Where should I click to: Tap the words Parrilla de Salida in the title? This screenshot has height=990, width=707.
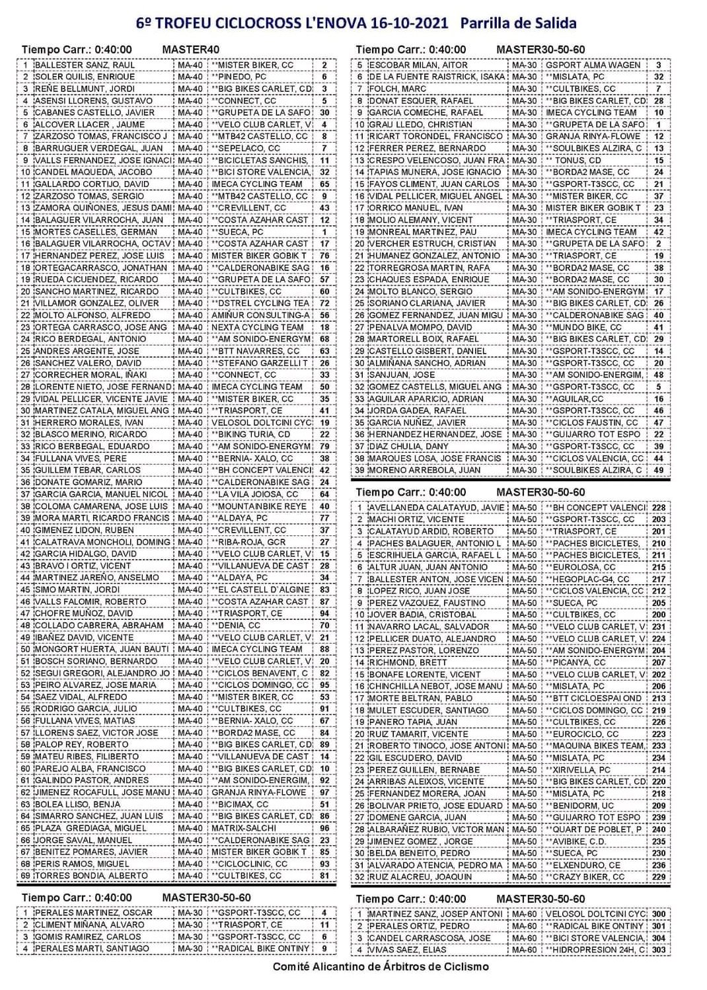(x=518, y=23)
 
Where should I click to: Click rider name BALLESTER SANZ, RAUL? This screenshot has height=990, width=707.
(x=85, y=65)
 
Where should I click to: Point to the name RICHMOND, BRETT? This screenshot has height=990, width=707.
(x=408, y=662)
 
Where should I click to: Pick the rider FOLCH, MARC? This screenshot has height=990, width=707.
(x=398, y=89)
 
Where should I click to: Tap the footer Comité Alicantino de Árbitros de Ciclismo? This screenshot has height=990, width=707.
(x=381, y=966)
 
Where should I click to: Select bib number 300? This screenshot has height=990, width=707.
(x=658, y=914)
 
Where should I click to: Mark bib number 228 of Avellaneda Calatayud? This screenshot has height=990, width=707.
(x=658, y=508)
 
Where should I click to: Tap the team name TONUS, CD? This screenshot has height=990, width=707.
(x=576, y=160)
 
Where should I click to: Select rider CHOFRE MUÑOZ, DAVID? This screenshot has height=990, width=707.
(x=84, y=613)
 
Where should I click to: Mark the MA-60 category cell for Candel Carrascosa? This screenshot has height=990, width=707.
(x=524, y=938)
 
